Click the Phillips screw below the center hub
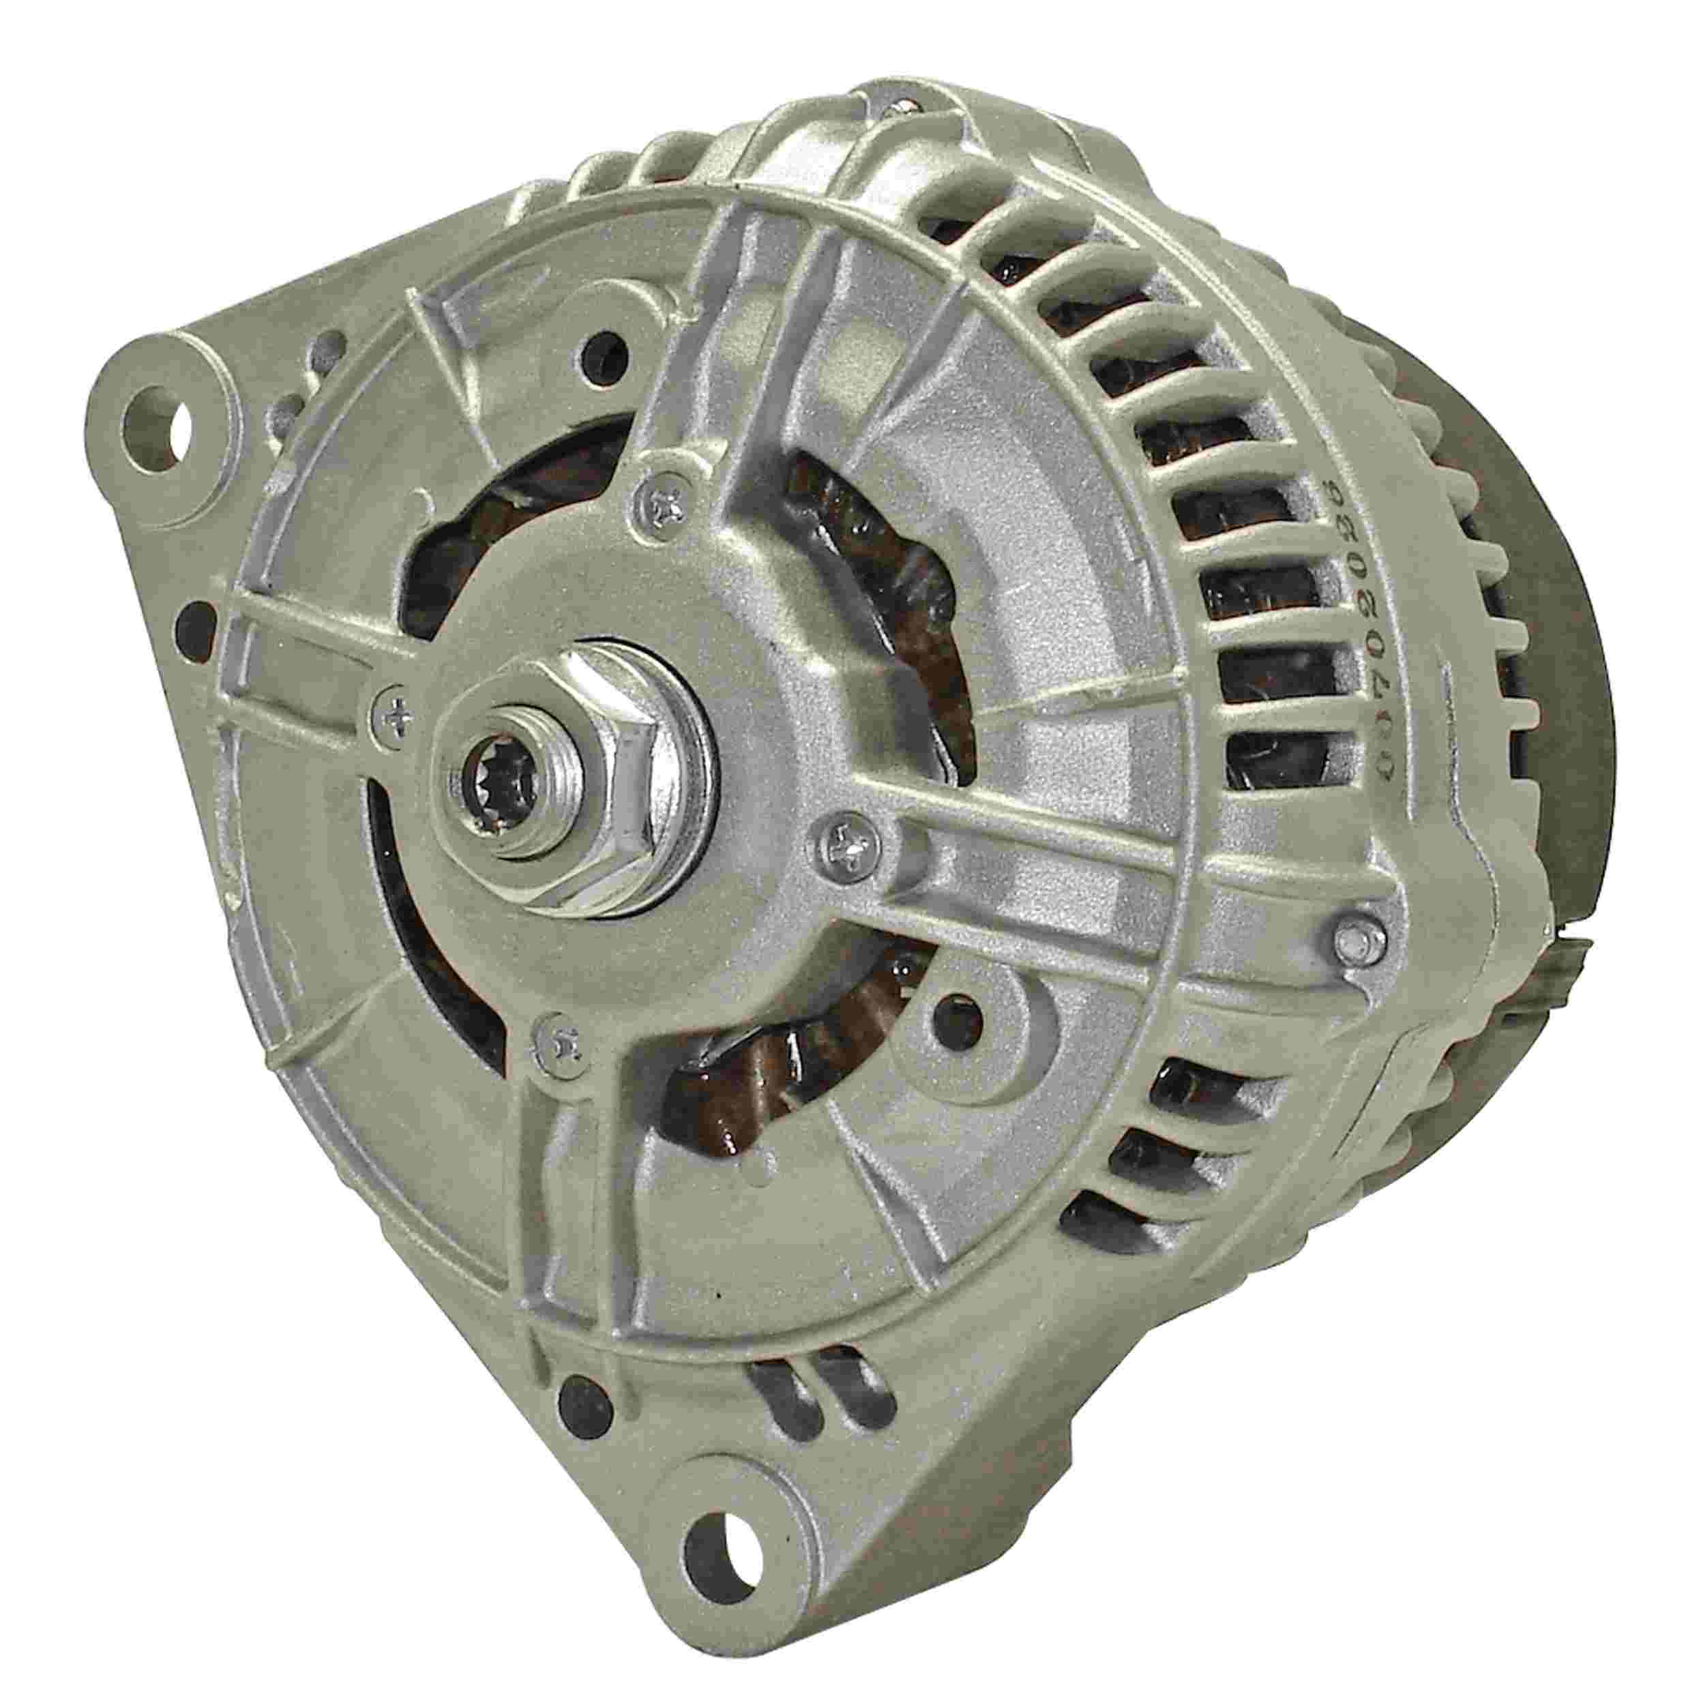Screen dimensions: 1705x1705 tap(558, 1042)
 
